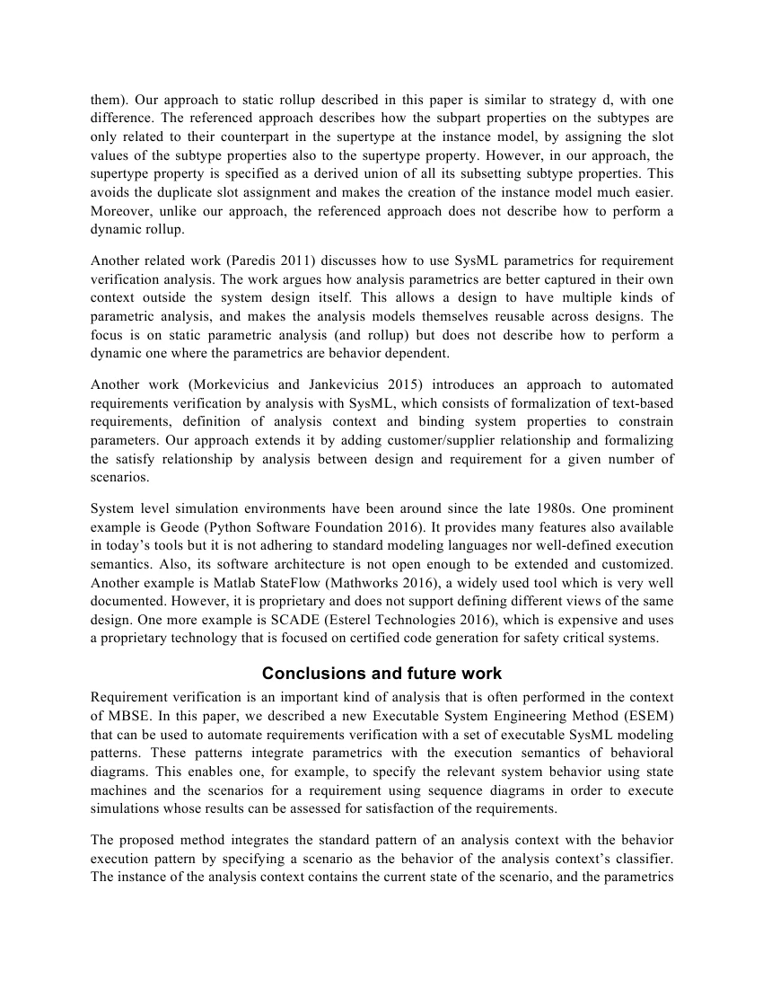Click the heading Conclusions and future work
(x=381, y=673)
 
